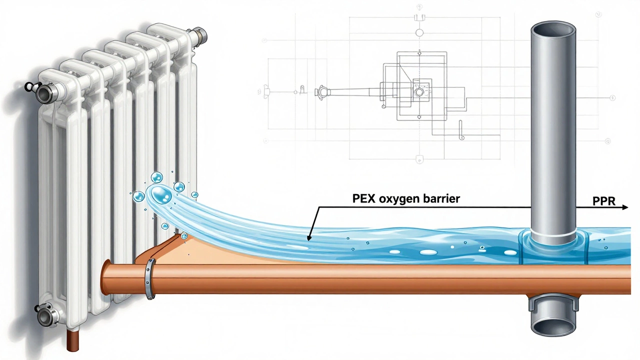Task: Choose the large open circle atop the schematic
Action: pos(419,33)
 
